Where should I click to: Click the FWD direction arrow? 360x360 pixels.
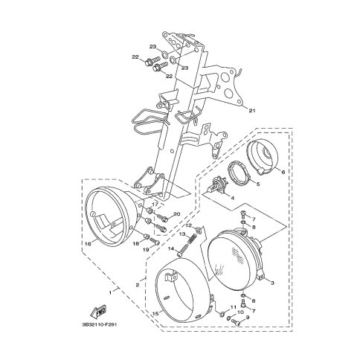[x=99, y=311]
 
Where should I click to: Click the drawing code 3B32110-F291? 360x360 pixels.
[x=99, y=324]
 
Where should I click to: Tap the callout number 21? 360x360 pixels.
[x=252, y=111]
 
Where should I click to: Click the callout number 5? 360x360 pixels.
[x=258, y=184]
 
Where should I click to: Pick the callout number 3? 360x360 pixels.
[x=272, y=283]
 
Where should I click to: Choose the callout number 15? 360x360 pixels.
[x=155, y=314]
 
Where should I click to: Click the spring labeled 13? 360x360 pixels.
[x=193, y=240]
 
